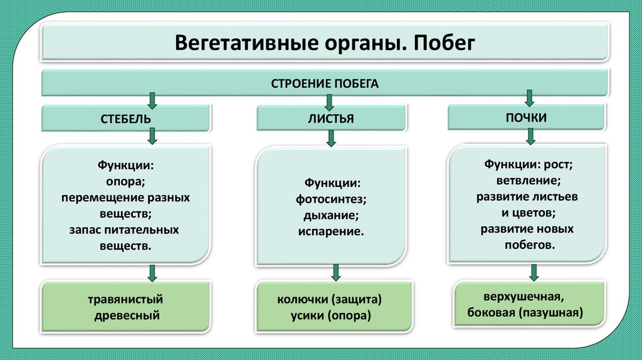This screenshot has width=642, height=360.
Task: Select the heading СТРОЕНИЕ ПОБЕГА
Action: click(x=325, y=83)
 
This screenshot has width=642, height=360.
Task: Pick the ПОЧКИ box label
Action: click(x=526, y=117)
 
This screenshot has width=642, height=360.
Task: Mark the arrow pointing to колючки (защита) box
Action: click(x=336, y=272)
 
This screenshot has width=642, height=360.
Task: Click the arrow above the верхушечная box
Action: click(x=534, y=272)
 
